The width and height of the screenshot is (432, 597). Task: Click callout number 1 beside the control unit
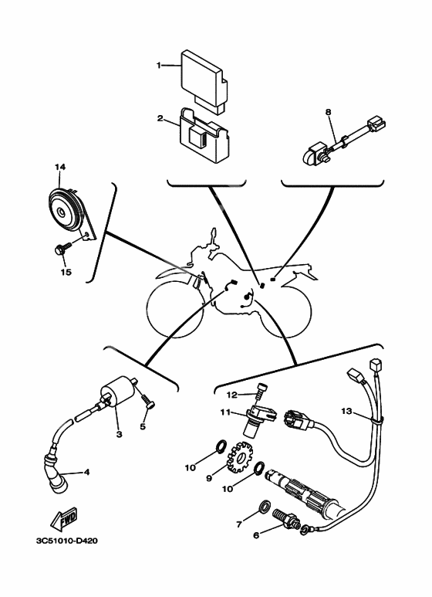(x=160, y=66)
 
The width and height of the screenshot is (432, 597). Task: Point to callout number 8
(x=328, y=112)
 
